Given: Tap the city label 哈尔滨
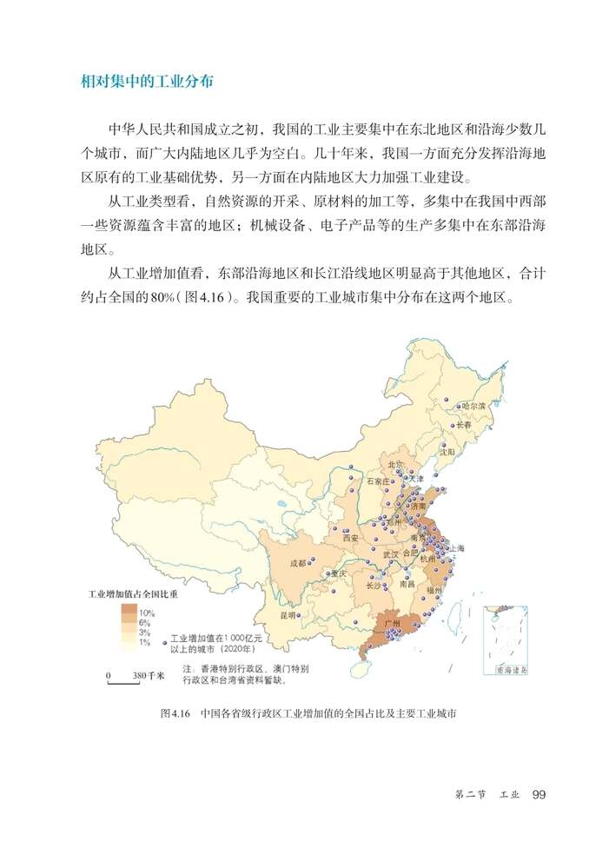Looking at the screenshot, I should pos(474,406).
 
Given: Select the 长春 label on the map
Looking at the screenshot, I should pos(465,426).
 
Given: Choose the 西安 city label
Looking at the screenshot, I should pos(350,538).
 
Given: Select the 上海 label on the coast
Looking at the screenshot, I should pos(454,548).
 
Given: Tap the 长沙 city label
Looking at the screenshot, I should pos(374,586).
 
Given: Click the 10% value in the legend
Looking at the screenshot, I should pos(146,613).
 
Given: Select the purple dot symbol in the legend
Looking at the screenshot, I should pos(163,643).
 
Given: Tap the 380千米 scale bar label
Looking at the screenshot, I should pos(149,675).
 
